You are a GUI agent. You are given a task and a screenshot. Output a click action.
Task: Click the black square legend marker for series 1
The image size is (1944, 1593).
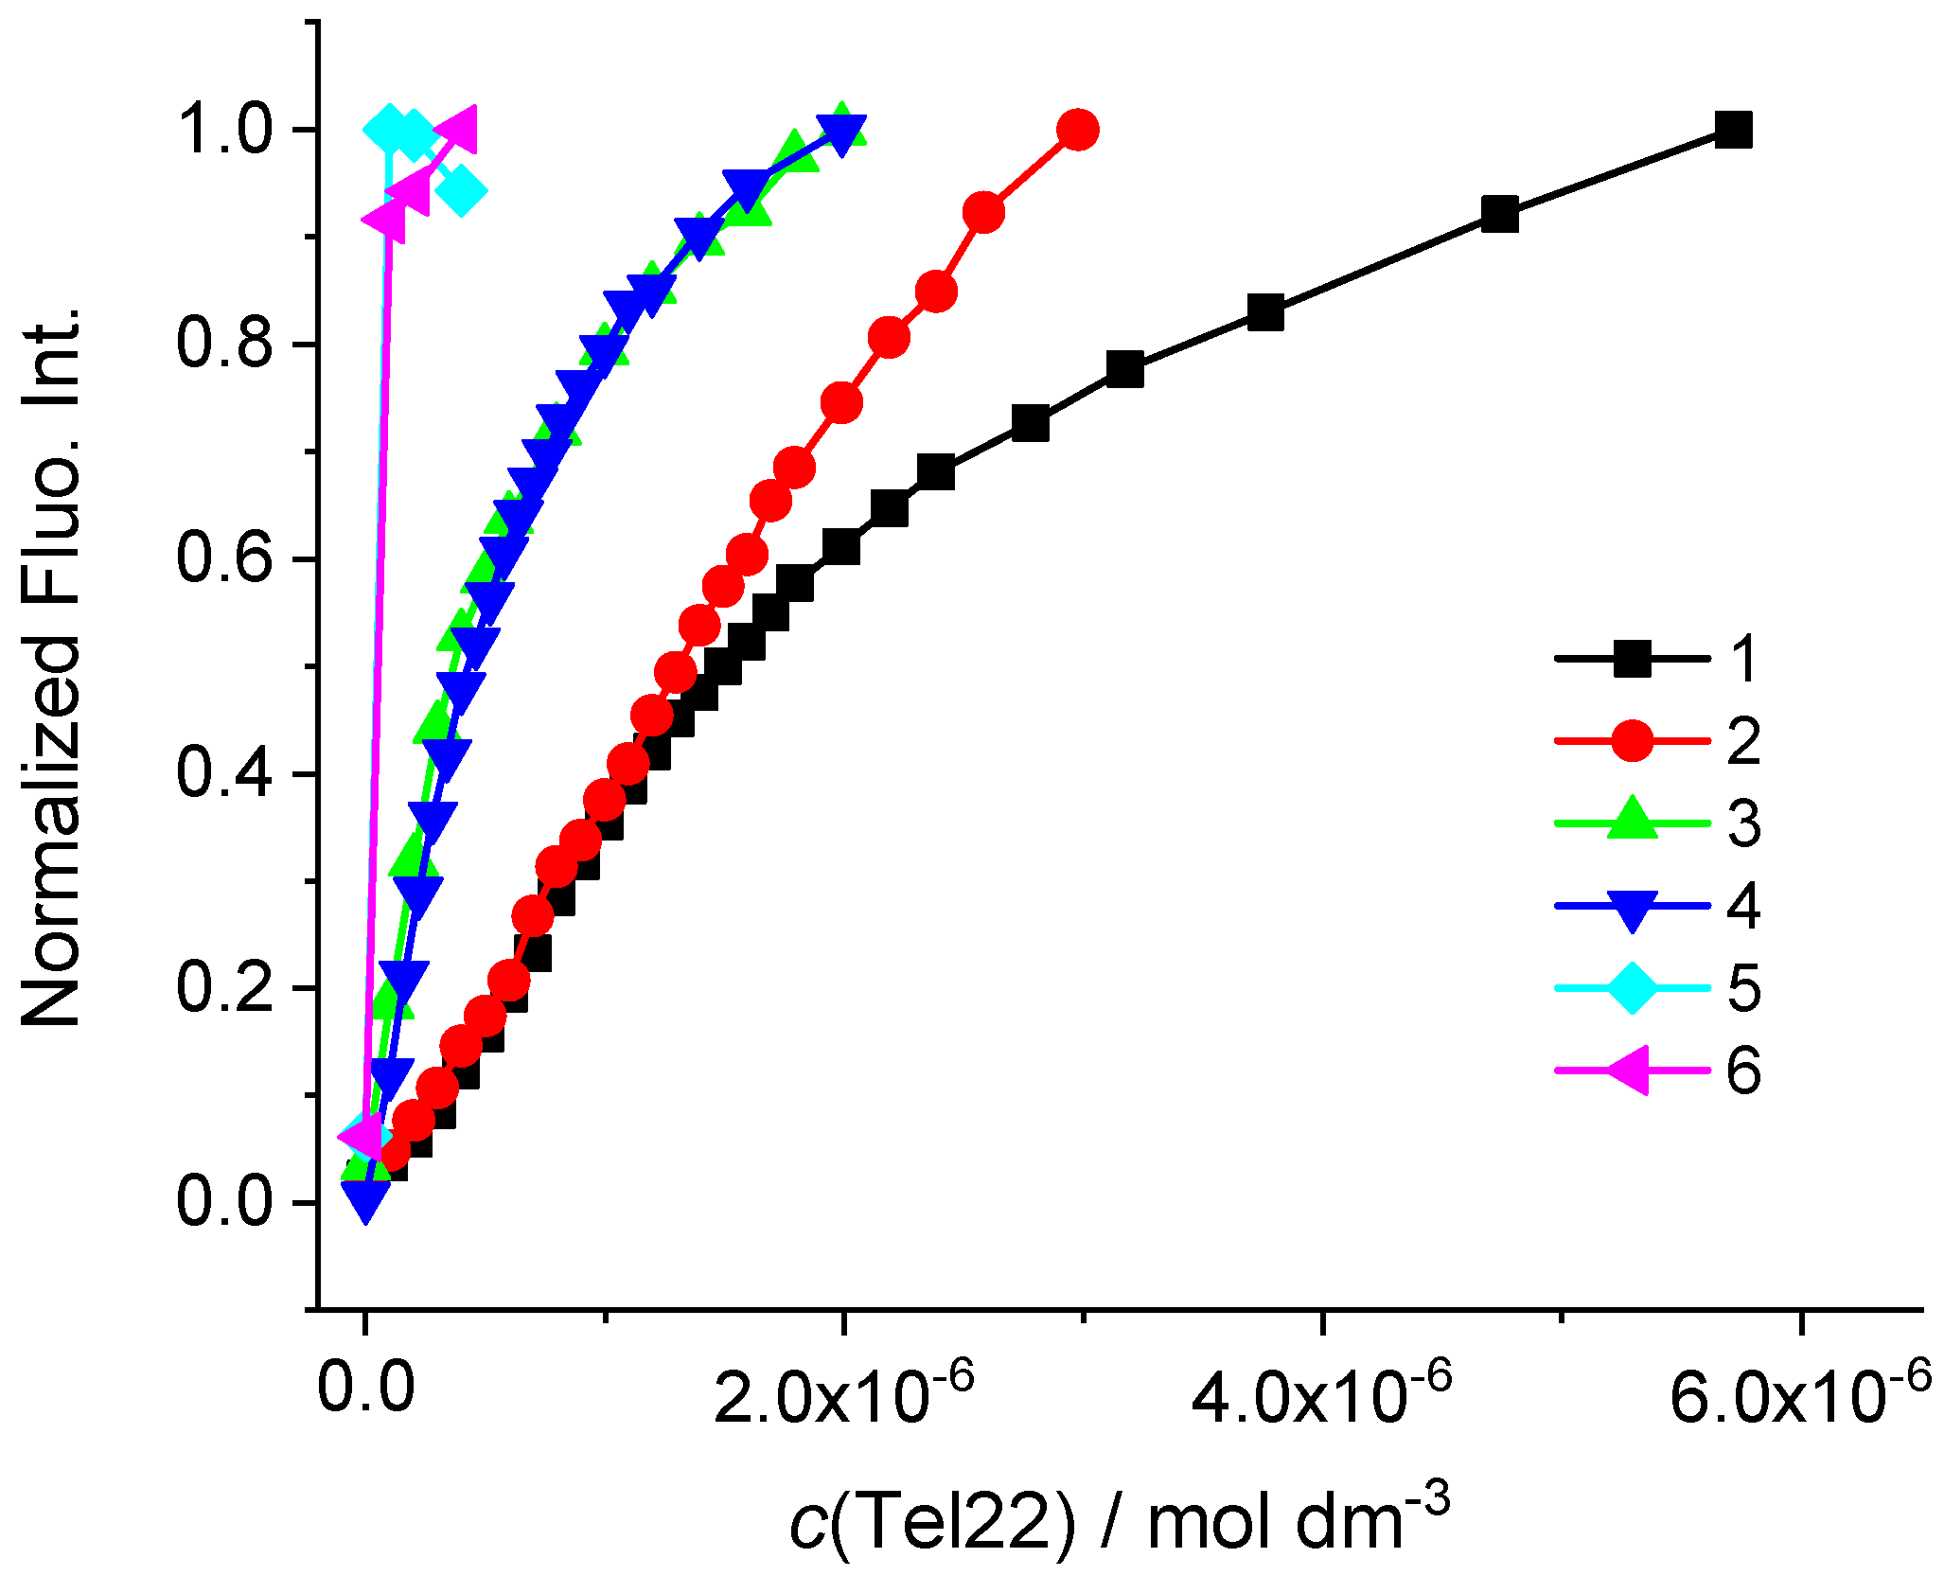1632,659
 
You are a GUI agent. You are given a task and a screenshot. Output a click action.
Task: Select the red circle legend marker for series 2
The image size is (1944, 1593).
1632,741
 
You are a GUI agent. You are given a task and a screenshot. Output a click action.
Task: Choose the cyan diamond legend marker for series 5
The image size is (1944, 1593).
1632,988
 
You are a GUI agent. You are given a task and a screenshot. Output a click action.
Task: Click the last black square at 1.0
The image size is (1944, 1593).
1733,130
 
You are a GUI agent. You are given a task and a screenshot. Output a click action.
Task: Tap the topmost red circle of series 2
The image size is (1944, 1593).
1078,129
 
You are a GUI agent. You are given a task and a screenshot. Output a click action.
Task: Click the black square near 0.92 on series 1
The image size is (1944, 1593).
1500,215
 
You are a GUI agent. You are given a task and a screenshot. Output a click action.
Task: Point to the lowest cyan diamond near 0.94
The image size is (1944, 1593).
461,191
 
